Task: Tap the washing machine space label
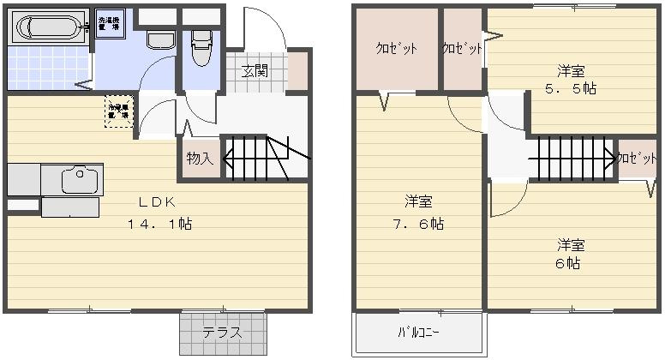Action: [x=110, y=23]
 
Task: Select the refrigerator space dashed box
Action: [x=118, y=111]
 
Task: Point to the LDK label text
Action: [x=159, y=203]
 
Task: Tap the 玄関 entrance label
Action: [x=254, y=70]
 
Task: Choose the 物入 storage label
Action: [x=199, y=159]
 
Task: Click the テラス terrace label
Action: [x=223, y=333]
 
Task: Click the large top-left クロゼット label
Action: [x=396, y=49]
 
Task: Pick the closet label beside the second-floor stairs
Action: [x=635, y=159]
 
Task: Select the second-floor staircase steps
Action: [x=571, y=158]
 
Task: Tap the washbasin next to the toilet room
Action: [x=159, y=39]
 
